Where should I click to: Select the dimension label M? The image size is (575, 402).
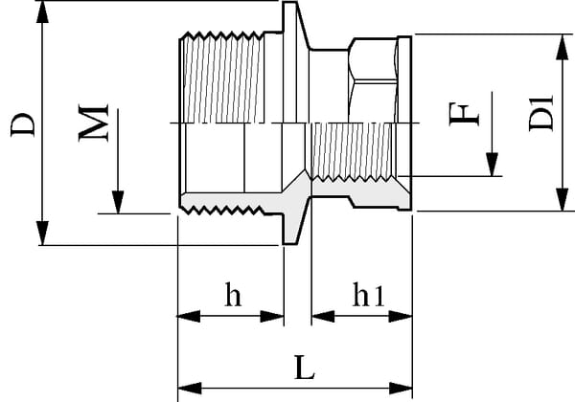(x=92, y=123)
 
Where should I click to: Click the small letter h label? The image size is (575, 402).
(x=232, y=296)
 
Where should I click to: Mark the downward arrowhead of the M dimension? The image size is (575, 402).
(x=117, y=202)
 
